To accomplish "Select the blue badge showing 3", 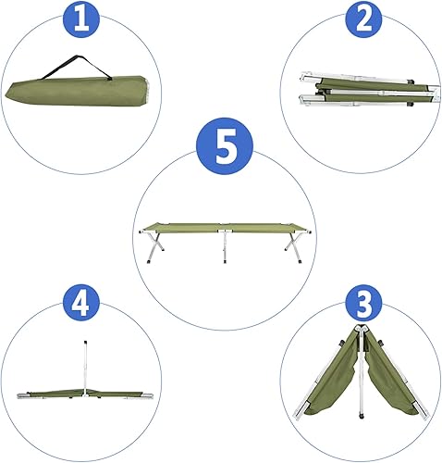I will pos(362,303).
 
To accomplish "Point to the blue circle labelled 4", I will pos(81,303).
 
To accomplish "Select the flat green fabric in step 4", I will pos(55,390).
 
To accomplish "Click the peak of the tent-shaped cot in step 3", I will pos(359,331).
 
